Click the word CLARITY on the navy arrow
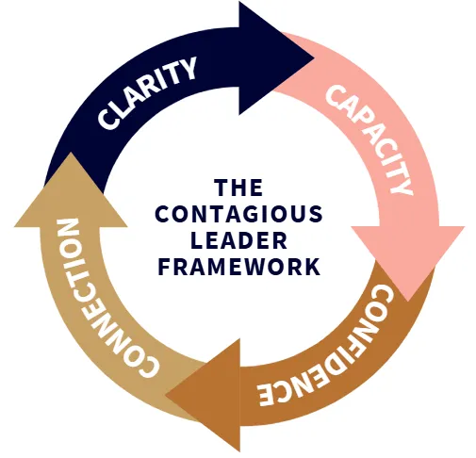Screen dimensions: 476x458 coord(147,93)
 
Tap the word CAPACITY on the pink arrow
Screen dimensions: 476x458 coord(369,139)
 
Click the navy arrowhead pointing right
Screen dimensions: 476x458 coord(276,58)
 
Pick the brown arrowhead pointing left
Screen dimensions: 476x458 coord(203,395)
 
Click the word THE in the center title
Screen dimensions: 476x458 coord(238,188)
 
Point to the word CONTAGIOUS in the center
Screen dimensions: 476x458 coord(238,214)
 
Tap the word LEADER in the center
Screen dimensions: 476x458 coord(238,240)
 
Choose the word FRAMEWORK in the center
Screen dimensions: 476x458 coord(238,267)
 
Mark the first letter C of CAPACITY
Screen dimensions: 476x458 coord(335,95)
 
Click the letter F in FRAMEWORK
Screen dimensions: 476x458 coord(164,267)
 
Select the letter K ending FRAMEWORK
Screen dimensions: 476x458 coord(313,267)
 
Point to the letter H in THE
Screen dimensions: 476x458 coord(238,188)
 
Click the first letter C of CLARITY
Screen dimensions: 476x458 coord(107,118)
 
